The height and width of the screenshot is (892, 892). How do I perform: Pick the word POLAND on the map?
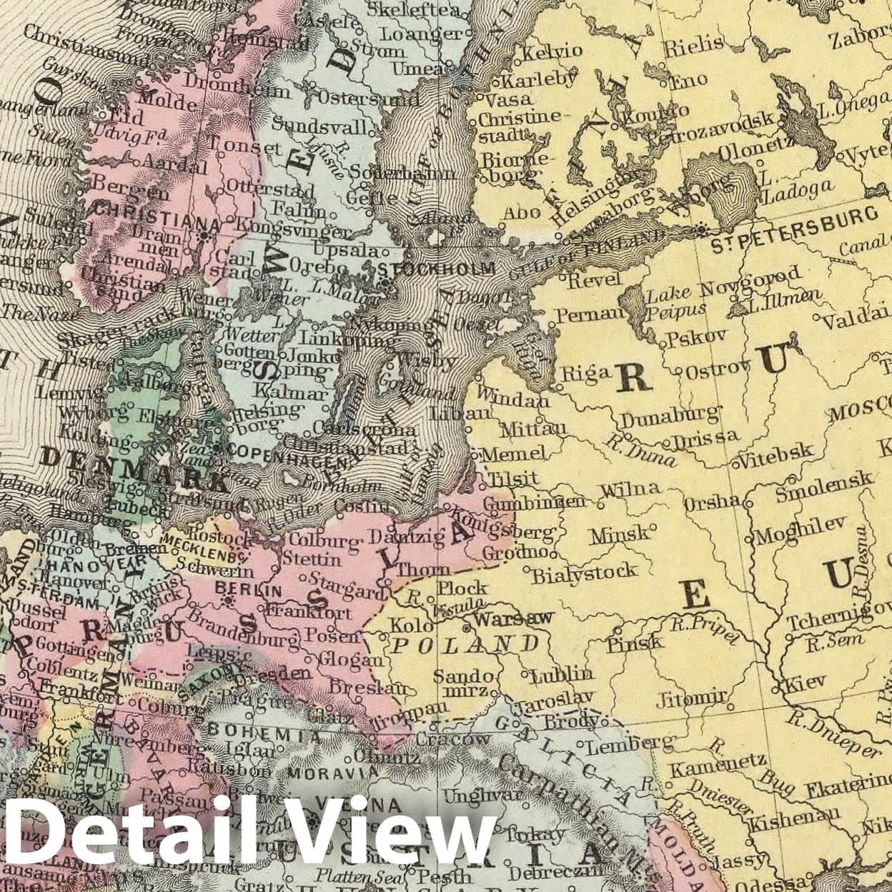click(467, 645)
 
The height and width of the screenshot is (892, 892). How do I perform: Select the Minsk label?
click(620, 533)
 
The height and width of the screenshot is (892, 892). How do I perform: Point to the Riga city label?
click(586, 372)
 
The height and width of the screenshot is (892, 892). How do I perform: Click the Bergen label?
click(131, 192)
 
